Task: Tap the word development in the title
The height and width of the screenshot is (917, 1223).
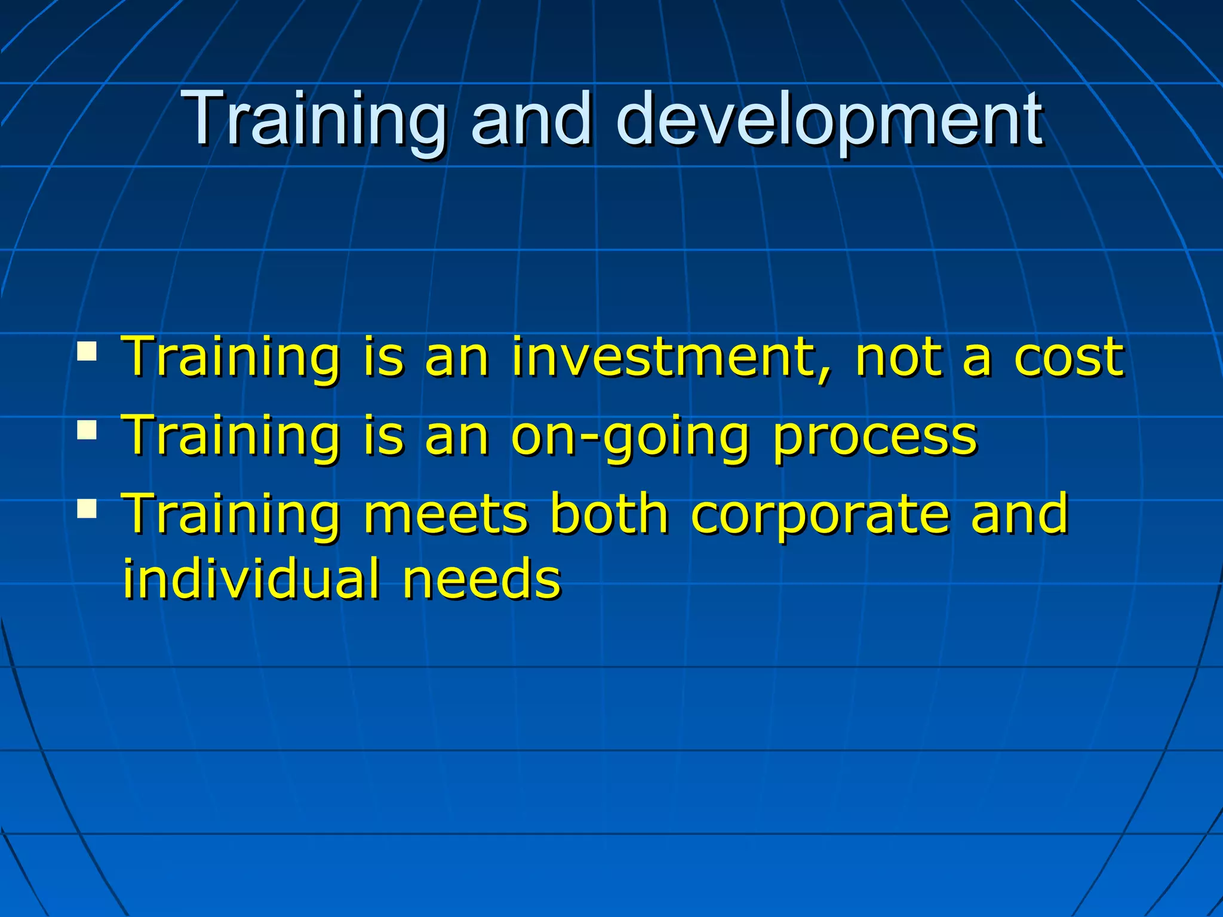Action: (x=830, y=119)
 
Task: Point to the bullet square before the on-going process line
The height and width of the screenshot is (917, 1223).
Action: (x=87, y=430)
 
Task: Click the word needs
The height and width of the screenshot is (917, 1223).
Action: (x=481, y=579)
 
